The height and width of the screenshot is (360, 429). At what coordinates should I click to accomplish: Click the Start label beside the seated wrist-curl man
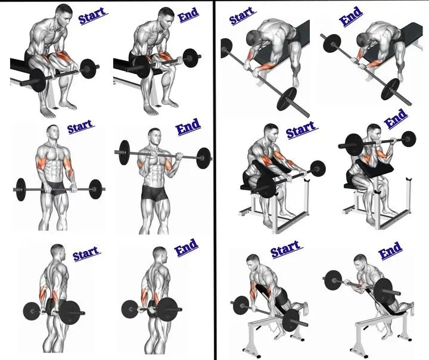coord(93,15)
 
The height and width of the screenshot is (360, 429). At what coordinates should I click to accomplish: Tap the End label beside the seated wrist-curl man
coord(188,14)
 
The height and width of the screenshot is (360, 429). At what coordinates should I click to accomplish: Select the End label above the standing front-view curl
coord(188,127)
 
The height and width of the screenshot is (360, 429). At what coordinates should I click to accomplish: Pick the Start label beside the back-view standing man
coord(86,253)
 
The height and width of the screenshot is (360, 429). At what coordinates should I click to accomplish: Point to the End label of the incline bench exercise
coord(390,250)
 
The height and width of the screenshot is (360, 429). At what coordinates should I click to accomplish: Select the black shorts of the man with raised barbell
coord(154,193)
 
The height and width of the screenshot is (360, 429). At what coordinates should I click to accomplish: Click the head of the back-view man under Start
coord(58,252)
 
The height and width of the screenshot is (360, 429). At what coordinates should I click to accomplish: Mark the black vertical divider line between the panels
coord(214,180)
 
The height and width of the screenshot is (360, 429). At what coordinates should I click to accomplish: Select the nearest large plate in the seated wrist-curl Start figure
coord(38,80)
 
